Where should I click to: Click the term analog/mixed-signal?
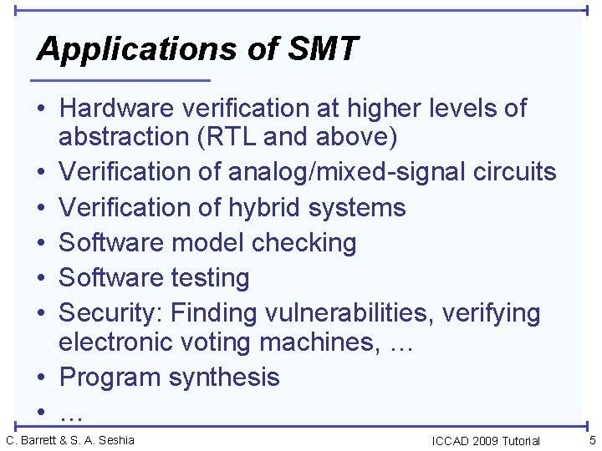tap(324, 172)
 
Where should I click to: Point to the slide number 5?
tap(592, 440)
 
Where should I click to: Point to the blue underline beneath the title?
tap(120, 80)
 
